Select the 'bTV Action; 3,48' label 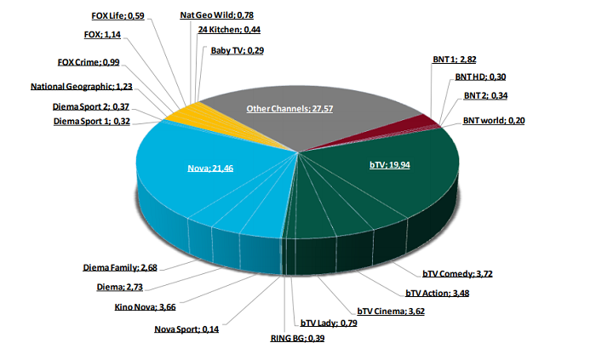[435, 293]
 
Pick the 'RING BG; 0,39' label [297, 338]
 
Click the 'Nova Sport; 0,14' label [186, 329]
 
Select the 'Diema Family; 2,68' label [119, 267]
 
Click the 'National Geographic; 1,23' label [83, 86]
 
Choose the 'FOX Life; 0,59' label [118, 14]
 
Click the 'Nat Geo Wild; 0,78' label [209, 14]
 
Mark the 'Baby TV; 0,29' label [238, 50]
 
